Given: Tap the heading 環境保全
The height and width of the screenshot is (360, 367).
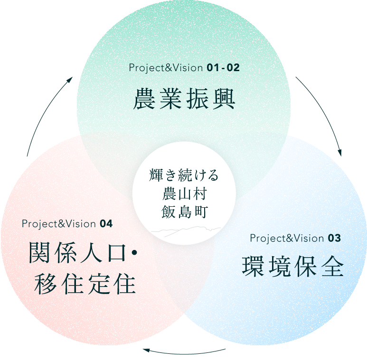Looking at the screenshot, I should pyautogui.click(x=292, y=267).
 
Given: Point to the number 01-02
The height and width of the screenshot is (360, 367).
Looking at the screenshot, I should pyautogui.click(x=223, y=68).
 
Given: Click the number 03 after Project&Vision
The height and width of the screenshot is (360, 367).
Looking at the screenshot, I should pyautogui.click(x=334, y=238).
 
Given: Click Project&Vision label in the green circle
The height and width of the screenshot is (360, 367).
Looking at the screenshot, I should pyautogui.click(x=166, y=68).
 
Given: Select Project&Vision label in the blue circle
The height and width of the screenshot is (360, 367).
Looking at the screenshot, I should pyautogui.click(x=287, y=238).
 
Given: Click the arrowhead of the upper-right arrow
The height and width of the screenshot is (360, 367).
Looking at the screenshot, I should pyautogui.click(x=340, y=153).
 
